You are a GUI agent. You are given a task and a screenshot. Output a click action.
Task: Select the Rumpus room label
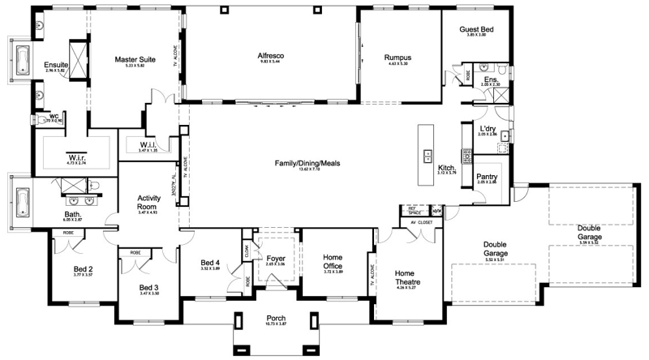click(398, 58)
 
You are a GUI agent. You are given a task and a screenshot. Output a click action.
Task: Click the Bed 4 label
click(211, 262)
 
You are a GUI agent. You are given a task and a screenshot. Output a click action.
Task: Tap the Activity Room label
click(147, 202)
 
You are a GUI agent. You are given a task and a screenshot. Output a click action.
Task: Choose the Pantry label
click(488, 177)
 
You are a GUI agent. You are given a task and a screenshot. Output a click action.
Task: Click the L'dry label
click(488, 129)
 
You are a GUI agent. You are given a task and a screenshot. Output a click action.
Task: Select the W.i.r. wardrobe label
click(76, 158)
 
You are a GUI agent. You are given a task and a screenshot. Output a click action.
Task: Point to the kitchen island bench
click(426, 154)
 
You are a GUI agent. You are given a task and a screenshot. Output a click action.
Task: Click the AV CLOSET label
click(422, 220)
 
